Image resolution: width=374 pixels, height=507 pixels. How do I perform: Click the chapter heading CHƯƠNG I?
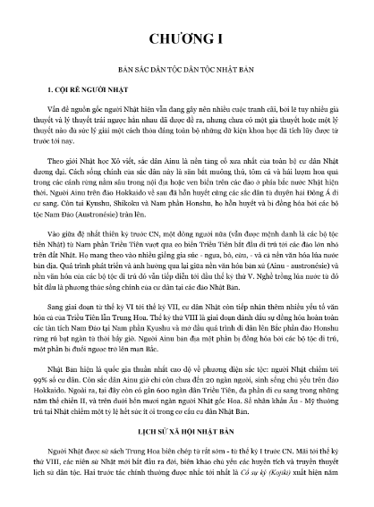[187, 40]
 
